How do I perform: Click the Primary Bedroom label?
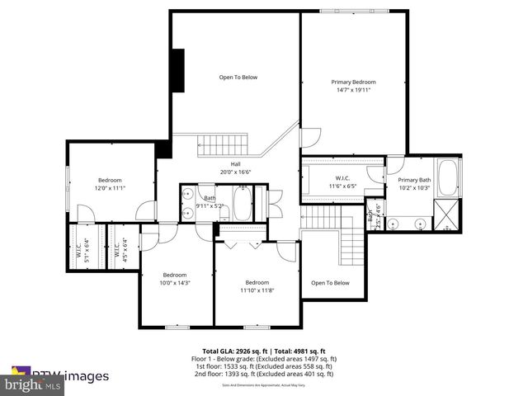(353, 82)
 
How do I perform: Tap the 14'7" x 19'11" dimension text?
(353, 90)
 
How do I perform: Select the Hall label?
(235, 163)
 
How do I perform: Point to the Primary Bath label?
(414, 180)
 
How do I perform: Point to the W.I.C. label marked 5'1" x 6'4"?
(81, 247)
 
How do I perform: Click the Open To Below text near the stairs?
(330, 283)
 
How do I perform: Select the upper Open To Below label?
(238, 78)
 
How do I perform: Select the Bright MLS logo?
(34, 384)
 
